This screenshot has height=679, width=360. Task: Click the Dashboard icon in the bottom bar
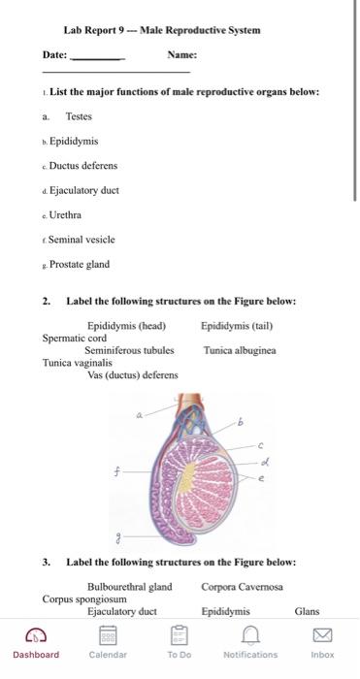pos(35,635)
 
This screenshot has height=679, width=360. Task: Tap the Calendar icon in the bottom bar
pos(107,635)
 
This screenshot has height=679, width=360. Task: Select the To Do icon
pos(179,635)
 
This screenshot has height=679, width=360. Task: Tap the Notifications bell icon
pos(250,635)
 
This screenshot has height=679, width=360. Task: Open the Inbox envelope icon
pos(322,635)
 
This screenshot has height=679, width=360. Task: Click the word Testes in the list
pos(79,116)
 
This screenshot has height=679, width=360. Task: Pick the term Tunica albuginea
pos(240,350)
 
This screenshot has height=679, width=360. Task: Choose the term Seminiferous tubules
pos(129,350)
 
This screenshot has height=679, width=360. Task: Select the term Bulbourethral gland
pos(129,587)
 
